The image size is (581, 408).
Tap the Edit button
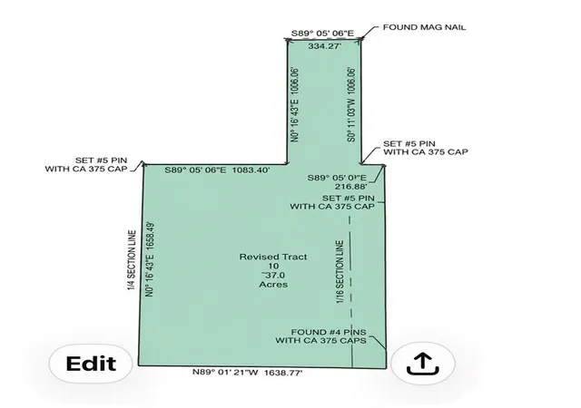91,364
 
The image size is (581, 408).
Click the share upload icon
423,364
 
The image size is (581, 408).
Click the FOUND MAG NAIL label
424,27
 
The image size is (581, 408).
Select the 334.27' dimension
325,46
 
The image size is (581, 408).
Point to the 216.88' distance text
351,186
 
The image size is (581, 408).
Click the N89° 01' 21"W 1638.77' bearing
248,373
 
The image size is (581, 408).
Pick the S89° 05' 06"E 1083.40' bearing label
217,170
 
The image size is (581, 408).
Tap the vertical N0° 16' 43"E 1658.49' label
150,259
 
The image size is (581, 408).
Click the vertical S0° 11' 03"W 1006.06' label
351,104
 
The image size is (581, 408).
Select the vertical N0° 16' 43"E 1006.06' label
295,104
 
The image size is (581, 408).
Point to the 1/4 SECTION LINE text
132,260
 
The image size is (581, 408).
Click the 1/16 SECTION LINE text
340,272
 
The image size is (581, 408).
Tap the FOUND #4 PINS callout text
329,332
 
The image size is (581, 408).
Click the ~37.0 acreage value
273,275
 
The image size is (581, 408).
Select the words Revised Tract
273,257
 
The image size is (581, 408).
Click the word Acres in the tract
273,285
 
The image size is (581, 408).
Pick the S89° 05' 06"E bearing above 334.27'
322,34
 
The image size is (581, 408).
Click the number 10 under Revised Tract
273,266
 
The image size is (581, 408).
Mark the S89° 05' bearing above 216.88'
337,178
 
